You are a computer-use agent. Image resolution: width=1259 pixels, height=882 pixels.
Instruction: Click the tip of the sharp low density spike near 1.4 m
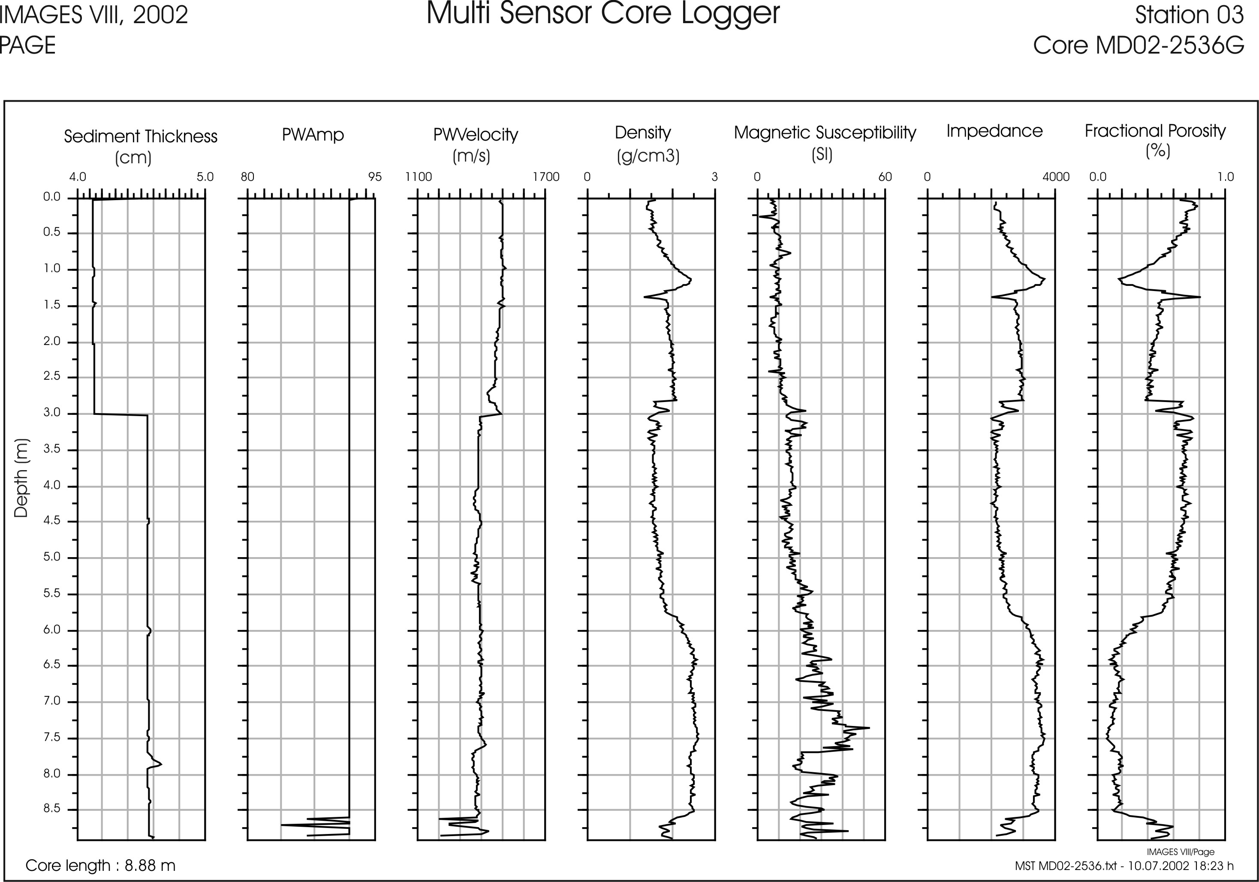(x=645, y=297)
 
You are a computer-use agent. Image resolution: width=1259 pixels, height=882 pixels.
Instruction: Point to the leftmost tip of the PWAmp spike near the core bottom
(x=281, y=825)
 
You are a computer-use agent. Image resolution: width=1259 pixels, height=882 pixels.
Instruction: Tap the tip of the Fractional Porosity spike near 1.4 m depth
(x=1200, y=297)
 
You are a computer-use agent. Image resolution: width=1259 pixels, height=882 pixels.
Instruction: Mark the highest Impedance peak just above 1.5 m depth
(x=1045, y=279)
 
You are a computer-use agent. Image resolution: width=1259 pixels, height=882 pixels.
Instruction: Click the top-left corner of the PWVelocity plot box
(x=418, y=198)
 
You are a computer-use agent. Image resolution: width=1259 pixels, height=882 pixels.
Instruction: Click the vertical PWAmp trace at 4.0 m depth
(x=349, y=486)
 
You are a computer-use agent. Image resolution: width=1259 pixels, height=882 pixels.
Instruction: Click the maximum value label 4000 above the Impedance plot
(x=1056, y=177)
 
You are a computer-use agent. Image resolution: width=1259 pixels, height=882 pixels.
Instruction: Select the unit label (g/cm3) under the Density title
(x=648, y=157)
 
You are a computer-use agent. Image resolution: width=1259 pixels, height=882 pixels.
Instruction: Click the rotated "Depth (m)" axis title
(x=21, y=478)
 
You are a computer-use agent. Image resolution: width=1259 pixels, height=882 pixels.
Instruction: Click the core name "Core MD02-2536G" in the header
(x=1139, y=45)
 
